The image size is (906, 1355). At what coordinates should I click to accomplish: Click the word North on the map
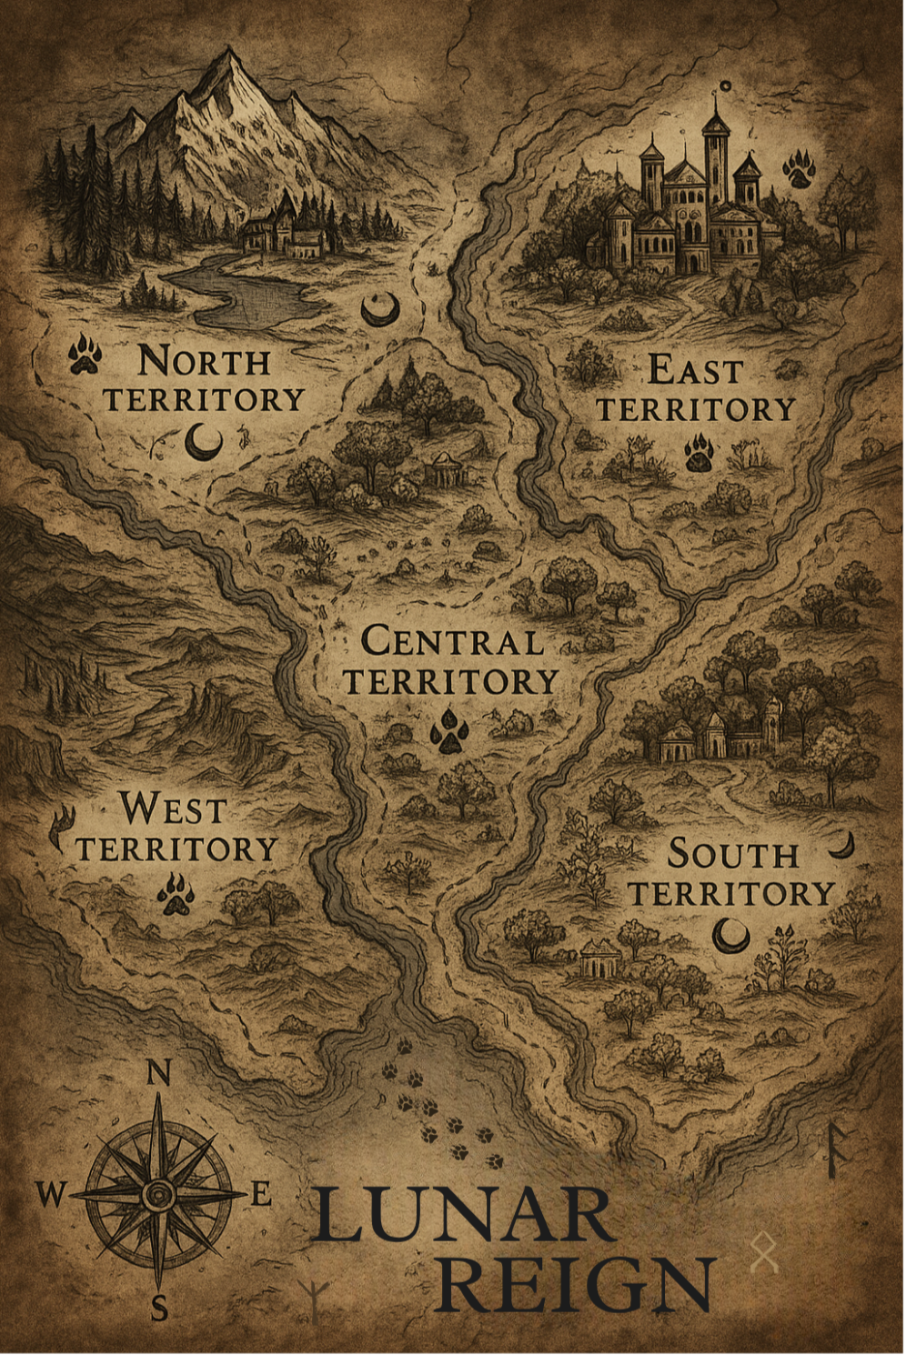205,361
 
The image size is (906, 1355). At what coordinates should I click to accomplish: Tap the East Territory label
696,390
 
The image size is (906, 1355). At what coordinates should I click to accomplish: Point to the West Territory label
176,828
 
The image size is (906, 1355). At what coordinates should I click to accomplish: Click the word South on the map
733,854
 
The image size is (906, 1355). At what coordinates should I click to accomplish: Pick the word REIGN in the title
578,1283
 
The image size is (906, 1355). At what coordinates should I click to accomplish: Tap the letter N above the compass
158,1074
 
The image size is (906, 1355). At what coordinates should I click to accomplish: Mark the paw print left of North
86,354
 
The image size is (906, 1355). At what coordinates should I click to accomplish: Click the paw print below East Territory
699,452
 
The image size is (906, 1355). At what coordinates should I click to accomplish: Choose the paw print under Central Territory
449,732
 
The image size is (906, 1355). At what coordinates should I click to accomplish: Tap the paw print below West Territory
176,894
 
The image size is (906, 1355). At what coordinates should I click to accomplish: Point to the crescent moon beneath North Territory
205,444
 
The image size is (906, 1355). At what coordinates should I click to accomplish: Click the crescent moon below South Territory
730,934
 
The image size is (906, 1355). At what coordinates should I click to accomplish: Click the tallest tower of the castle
716,150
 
